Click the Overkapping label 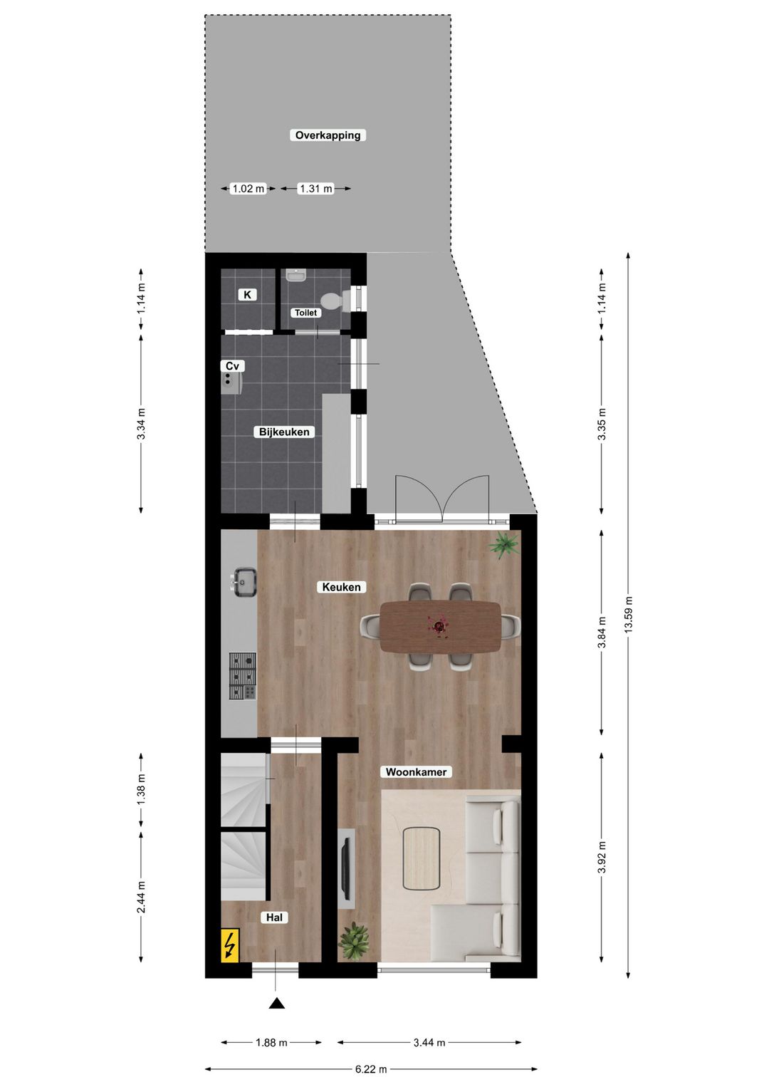coord(328,135)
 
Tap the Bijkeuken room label coord(284,432)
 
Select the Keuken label coord(341,587)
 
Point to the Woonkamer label coord(416,771)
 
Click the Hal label coord(274,917)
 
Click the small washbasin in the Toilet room coord(296,275)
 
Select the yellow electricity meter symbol coord(230,945)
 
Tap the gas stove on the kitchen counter coord(243,675)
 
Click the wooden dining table coord(440,626)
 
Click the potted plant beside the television coord(354,941)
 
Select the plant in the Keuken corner coord(504,546)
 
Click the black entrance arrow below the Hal coord(276,1003)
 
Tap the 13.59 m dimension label coord(628,614)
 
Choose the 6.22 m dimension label coord(371,1068)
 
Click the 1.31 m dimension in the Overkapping coord(316,188)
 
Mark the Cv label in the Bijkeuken coord(232,366)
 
